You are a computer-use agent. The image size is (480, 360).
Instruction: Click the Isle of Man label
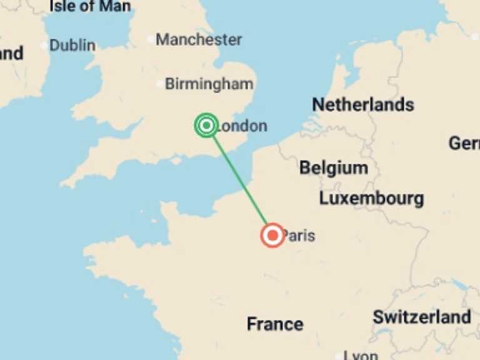tap(90, 7)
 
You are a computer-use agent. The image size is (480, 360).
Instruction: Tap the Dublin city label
tap(72, 46)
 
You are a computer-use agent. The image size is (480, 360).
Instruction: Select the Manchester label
tap(199, 40)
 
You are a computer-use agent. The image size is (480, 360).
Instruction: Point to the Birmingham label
tap(209, 84)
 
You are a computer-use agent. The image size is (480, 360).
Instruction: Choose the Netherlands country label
tap(363, 104)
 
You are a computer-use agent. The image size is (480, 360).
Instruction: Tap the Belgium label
tap(333, 167)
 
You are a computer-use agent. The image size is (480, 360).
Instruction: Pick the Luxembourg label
tap(371, 199)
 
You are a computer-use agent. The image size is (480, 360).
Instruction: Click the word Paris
tap(299, 236)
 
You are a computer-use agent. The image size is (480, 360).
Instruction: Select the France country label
tap(275, 324)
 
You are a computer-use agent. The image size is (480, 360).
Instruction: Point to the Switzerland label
tap(422, 317)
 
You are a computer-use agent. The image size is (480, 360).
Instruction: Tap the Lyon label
tap(362, 355)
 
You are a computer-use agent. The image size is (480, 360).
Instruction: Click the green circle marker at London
tap(206, 125)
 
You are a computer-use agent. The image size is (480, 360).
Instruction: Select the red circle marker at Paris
tap(272, 235)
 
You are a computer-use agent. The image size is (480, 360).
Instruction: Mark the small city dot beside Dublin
tap(44, 46)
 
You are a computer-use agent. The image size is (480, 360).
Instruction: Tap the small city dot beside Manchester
tap(150, 39)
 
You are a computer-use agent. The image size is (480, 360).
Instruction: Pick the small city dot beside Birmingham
tap(159, 84)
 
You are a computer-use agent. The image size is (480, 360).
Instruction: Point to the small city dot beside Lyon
tap(338, 354)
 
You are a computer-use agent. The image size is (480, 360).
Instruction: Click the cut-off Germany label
tap(464, 142)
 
